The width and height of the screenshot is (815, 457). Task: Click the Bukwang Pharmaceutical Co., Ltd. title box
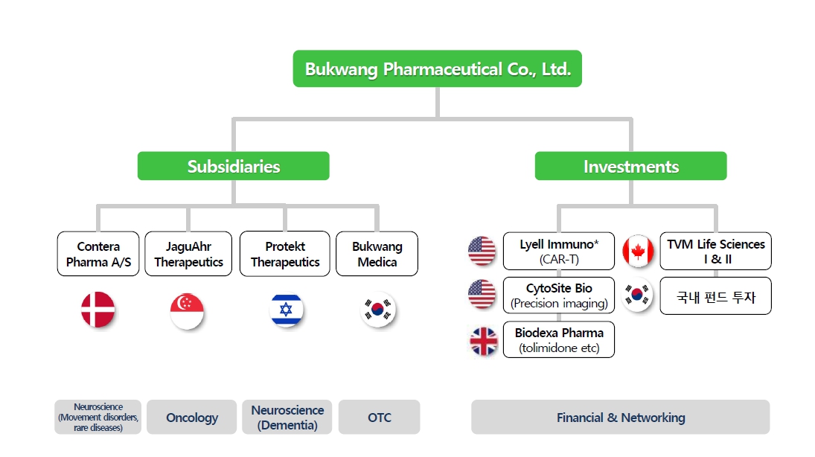tap(437, 69)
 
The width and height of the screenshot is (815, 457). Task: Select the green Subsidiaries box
tap(233, 166)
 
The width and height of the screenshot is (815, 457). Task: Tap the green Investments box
tap(630, 166)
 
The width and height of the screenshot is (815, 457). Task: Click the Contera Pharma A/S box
tap(98, 254)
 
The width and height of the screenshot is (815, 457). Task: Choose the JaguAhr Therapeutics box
tap(188, 254)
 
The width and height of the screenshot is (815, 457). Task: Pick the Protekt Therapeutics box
tap(285, 254)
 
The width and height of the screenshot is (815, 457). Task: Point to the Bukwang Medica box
tap(377, 254)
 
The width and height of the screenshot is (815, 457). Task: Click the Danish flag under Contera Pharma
tap(98, 310)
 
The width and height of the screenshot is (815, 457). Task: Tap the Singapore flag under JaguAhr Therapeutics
tap(188, 310)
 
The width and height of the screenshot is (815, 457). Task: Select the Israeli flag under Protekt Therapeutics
tap(286, 310)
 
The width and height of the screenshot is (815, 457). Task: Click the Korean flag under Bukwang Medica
tap(377, 310)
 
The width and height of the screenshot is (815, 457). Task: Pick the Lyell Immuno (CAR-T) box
tap(559, 251)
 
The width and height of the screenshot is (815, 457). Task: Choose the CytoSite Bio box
tap(559, 295)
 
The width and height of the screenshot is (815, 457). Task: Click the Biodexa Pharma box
tap(559, 340)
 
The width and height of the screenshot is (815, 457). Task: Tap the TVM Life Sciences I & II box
tap(715, 251)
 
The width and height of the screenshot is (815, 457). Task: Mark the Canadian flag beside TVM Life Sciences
tap(638, 251)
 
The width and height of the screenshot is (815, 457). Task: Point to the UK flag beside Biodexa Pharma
tap(483, 341)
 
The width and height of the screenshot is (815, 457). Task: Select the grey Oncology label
tap(192, 418)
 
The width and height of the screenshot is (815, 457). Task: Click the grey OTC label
tap(379, 418)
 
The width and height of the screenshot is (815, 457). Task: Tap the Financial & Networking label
tap(620, 418)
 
